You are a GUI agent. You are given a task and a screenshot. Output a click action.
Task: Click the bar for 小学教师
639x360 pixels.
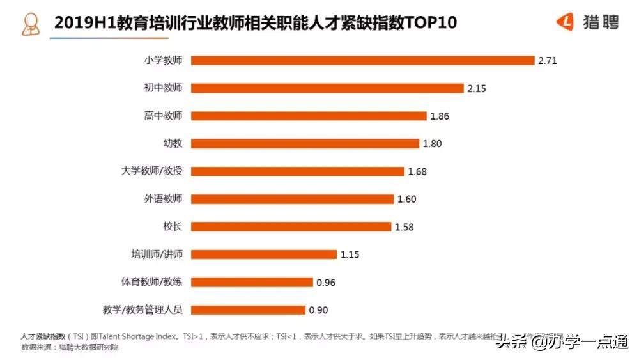coord(362,60)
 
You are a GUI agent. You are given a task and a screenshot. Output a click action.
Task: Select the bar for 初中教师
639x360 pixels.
coord(327,88)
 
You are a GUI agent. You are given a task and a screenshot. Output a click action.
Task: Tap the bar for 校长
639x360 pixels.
coord(291,226)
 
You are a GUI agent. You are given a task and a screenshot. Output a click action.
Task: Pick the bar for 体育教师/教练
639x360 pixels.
coord(252,282)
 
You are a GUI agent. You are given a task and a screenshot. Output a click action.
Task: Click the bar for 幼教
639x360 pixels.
coord(305,143)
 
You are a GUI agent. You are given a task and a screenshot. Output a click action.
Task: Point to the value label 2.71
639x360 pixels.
coord(548,61)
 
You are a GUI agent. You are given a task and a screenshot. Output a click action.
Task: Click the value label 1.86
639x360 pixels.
coord(440,116)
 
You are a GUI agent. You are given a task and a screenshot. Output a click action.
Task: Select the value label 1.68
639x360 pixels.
coord(417,171)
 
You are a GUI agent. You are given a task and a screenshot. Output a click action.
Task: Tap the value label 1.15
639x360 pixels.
coord(350,254)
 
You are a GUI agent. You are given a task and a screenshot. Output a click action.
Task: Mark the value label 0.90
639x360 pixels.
coord(318,310)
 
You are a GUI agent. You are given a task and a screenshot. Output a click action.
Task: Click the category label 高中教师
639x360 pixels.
coord(163,116)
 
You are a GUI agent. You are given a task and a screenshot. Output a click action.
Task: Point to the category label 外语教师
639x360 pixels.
coord(163,199)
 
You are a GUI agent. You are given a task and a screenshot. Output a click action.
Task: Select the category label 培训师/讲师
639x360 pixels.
coord(157,254)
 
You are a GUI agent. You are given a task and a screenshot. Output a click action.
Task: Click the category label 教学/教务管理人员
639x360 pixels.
coord(142,310)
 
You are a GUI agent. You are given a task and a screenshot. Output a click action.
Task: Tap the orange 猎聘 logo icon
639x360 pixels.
coord(566,22)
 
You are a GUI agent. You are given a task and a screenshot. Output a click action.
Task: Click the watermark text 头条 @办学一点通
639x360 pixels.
coord(562,342)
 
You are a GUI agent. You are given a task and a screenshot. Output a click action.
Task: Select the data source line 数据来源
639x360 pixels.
coord(70,348)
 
